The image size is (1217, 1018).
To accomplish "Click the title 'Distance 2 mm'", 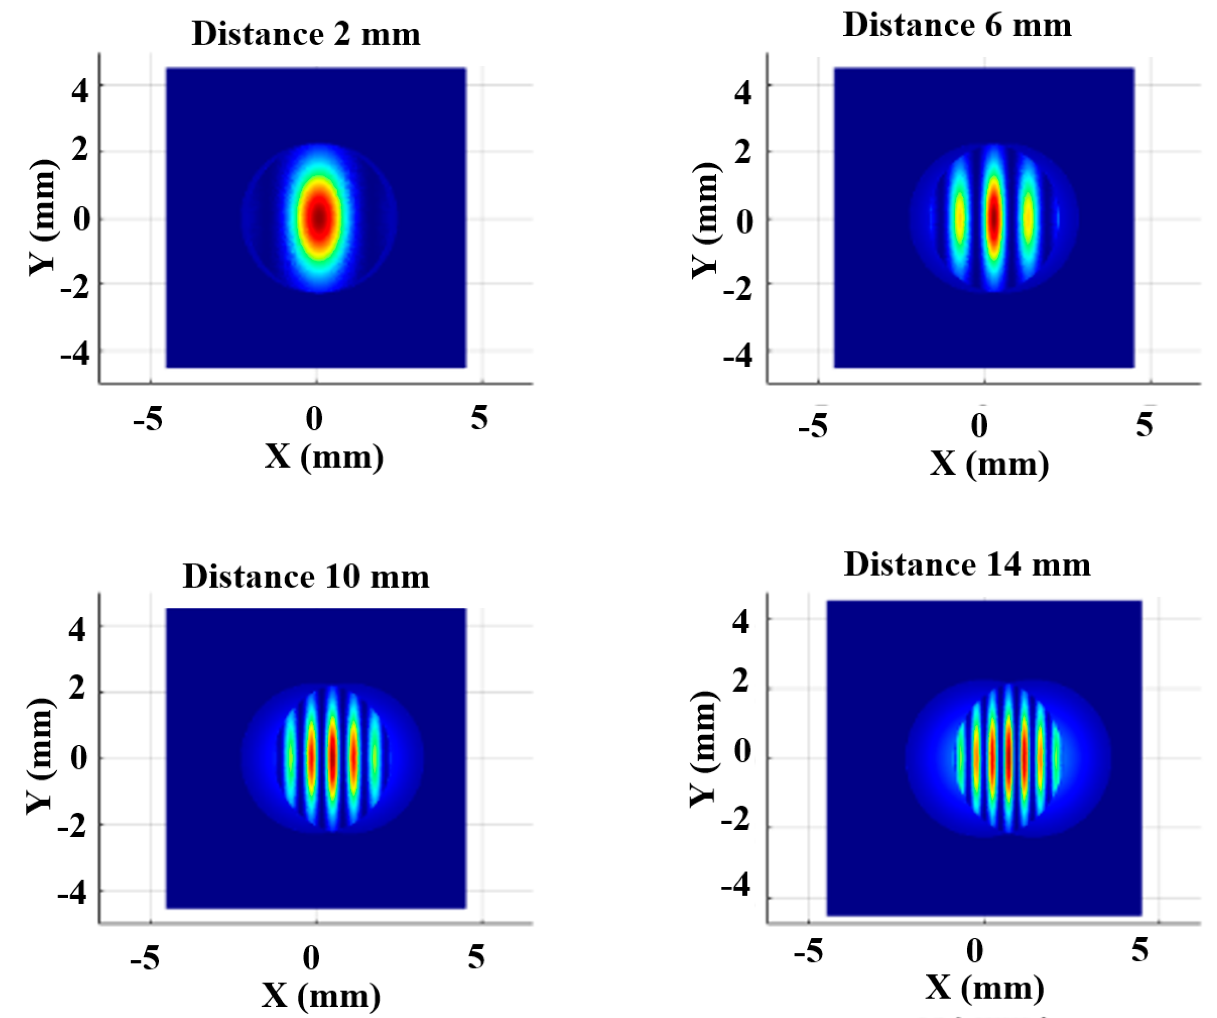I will [306, 34].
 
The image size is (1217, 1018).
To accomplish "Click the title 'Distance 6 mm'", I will [957, 25].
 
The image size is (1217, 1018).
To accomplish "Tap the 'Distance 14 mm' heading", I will [967, 565].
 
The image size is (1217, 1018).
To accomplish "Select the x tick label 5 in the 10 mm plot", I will [476, 956].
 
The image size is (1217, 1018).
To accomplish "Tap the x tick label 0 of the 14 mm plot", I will [975, 951].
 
